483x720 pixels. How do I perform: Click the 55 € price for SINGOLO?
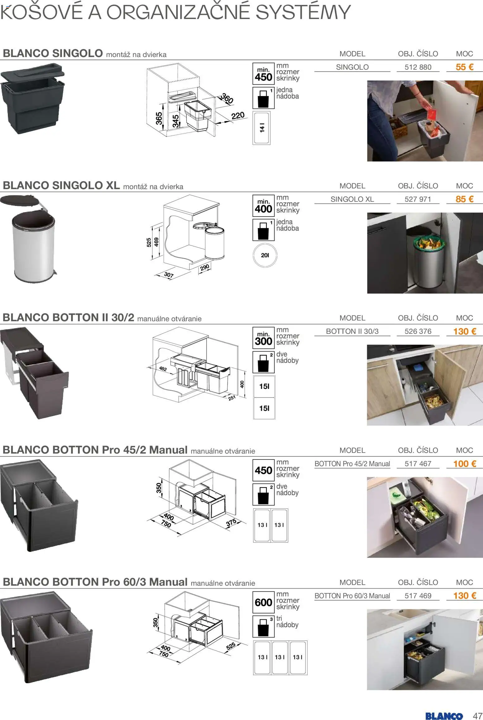[x=464, y=67]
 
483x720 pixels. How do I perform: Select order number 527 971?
[x=418, y=199]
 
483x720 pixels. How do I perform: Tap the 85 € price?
[x=464, y=199]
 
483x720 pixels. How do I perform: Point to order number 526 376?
[x=418, y=331]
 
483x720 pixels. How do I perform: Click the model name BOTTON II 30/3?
[x=352, y=331]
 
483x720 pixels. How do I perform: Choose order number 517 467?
[x=418, y=463]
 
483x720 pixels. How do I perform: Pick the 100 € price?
[x=464, y=463]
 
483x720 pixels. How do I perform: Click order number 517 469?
[x=418, y=596]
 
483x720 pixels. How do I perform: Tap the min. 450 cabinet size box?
[x=263, y=74]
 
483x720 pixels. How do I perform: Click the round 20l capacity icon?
[x=265, y=255]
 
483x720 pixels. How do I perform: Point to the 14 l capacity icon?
[x=262, y=128]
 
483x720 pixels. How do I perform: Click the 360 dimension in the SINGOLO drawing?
[x=227, y=99]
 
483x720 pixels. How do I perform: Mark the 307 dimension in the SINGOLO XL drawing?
[x=169, y=275]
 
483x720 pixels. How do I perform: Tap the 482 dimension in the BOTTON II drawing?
[x=163, y=369]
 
